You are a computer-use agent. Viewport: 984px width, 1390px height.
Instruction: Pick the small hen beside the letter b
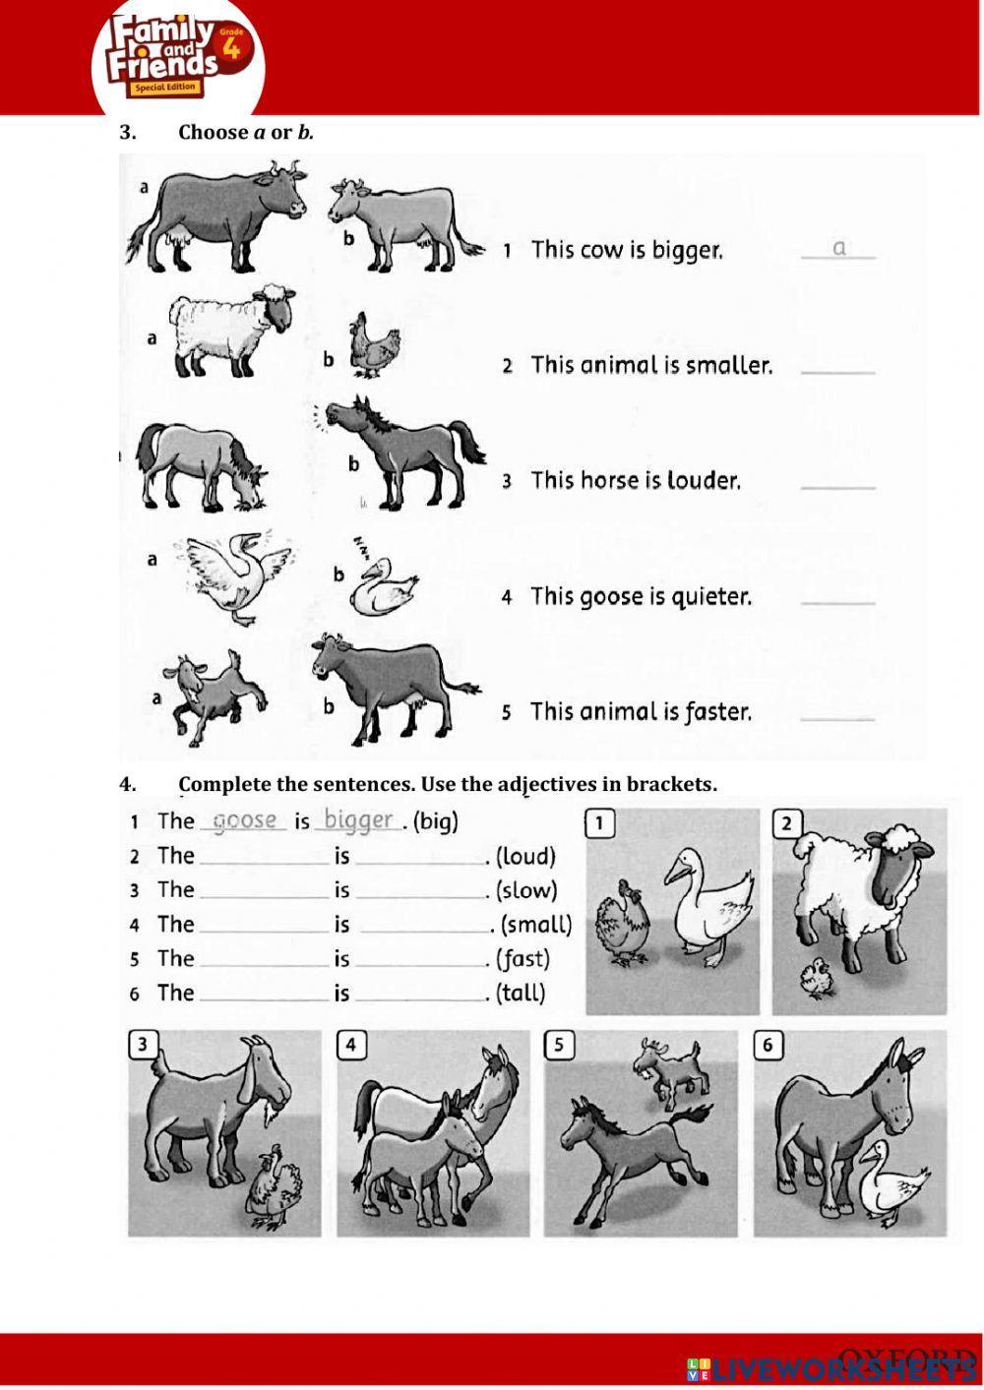coord(373,345)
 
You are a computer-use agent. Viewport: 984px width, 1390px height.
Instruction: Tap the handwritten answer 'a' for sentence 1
coord(838,248)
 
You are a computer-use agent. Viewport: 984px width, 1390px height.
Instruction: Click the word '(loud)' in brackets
coord(525,856)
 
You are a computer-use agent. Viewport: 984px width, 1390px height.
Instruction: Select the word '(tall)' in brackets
coord(521,993)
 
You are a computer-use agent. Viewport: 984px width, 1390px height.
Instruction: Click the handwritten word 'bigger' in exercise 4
coord(358,819)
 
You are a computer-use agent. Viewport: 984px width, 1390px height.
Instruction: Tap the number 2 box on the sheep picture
coord(786,823)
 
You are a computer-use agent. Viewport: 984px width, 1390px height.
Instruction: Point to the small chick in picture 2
coord(816,978)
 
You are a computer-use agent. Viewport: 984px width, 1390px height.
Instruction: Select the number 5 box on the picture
coord(559,1045)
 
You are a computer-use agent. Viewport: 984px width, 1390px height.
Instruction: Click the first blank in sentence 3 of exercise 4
coord(264,891)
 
